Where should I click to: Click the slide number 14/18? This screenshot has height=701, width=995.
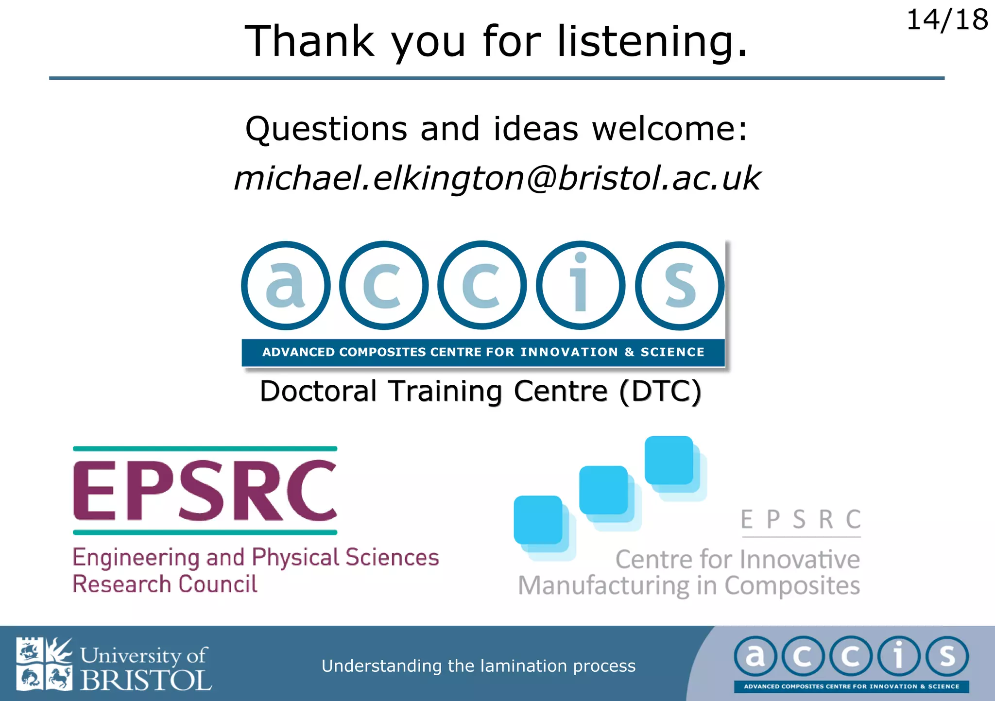tap(946, 20)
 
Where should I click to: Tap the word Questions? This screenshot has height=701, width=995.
tap(326, 129)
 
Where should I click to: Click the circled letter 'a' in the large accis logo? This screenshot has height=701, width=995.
tap(286, 285)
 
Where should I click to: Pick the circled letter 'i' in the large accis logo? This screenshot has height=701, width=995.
tap(581, 285)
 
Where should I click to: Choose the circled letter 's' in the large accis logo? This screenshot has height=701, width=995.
tap(680, 286)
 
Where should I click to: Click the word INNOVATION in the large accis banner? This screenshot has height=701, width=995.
tap(569, 352)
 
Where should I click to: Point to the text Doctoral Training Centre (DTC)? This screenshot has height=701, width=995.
tap(480, 391)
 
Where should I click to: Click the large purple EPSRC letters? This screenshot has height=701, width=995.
tap(205, 491)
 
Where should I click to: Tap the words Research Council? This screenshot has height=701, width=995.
tap(165, 584)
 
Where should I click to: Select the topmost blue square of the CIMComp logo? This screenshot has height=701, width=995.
tap(669, 460)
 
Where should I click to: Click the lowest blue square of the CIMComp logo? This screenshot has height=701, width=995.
tap(538, 520)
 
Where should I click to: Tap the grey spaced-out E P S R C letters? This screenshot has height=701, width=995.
tap(801, 520)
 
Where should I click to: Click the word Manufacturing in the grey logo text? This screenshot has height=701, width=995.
tap(603, 586)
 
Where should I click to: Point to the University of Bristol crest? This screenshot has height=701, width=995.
tap(44, 664)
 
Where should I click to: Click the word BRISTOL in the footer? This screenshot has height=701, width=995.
tap(146, 680)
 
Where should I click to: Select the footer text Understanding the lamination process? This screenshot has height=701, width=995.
tap(479, 666)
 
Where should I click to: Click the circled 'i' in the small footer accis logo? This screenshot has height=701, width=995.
tap(899, 656)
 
